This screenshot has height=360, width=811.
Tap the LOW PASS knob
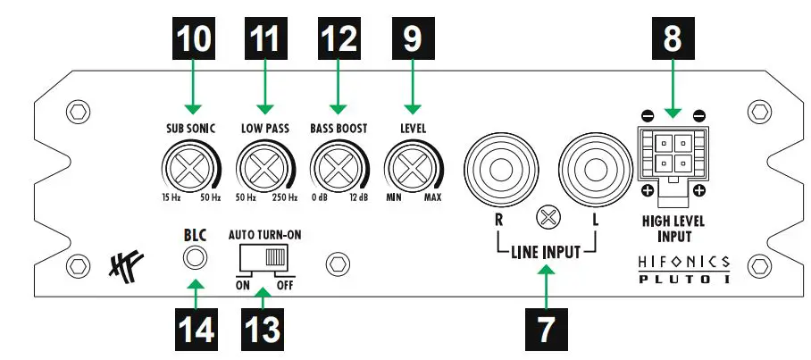tap(264, 166)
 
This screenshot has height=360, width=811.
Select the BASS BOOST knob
tap(338, 166)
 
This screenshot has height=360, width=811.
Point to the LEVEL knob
tap(412, 166)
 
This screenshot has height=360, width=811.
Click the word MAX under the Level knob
tap(432, 197)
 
